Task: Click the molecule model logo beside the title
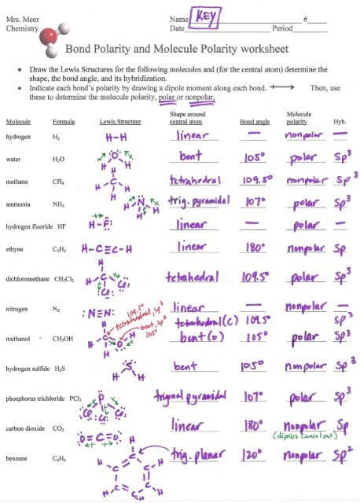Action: click(x=51, y=38)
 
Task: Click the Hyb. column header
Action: click(x=340, y=123)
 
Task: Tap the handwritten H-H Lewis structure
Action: click(x=116, y=137)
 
